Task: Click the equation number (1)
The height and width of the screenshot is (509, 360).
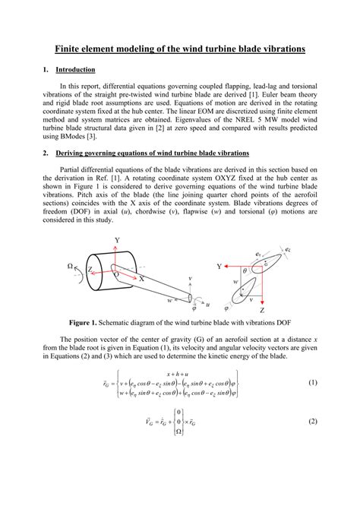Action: click(x=312, y=383)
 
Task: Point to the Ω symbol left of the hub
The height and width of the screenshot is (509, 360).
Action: click(x=71, y=266)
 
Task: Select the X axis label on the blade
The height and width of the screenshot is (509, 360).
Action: click(x=141, y=279)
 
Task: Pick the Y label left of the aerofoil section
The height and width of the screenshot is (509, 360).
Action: click(x=219, y=267)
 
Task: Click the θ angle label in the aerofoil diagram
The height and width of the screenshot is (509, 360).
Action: click(x=245, y=270)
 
